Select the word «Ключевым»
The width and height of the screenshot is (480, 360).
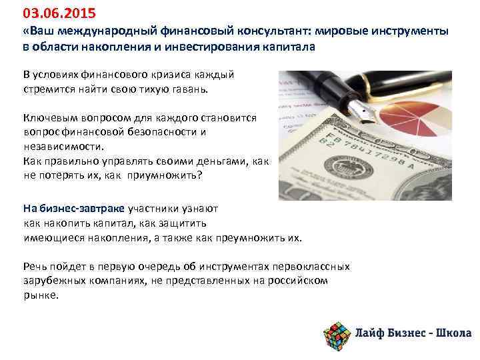point(47,117)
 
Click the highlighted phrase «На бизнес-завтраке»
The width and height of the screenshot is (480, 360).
point(65,208)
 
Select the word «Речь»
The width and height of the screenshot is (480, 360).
point(35,266)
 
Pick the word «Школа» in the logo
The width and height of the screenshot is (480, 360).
point(453,333)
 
